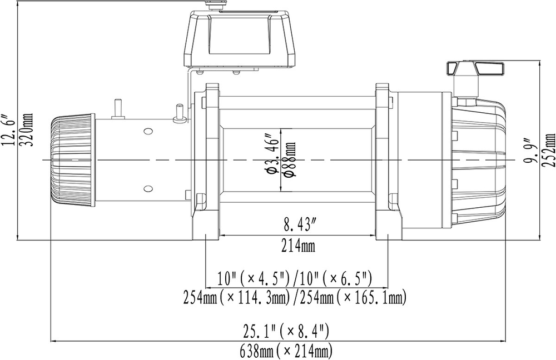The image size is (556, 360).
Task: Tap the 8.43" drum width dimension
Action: click(300, 226)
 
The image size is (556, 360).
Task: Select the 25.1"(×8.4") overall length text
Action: click(286, 332)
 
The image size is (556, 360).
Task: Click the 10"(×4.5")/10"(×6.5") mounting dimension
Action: click(295, 278)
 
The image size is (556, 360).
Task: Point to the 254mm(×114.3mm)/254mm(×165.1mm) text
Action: click(295, 298)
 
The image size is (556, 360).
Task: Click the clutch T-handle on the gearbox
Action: click(477, 69)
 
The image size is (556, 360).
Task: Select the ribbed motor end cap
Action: click(72, 160)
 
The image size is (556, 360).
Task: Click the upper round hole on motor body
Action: click(147, 132)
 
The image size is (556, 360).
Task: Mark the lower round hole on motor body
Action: click(147, 188)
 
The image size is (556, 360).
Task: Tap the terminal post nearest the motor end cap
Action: click(118, 108)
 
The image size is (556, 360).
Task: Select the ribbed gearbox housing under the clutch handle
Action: click(478, 161)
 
